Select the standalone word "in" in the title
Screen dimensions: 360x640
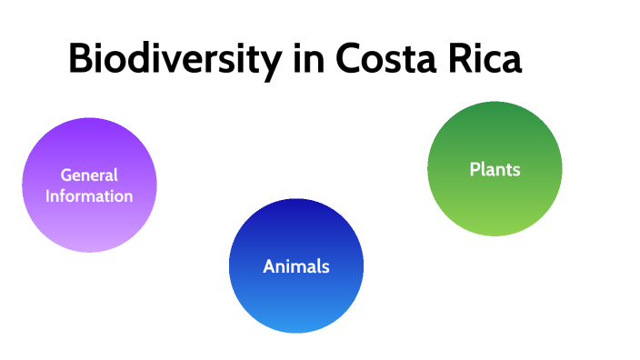click(304, 60)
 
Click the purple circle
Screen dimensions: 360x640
click(89, 218)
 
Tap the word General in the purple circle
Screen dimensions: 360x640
click(89, 175)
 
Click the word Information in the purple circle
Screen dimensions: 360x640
click(89, 195)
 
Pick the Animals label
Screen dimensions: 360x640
click(295, 266)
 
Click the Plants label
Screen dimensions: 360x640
click(495, 169)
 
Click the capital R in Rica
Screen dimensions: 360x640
click(460, 60)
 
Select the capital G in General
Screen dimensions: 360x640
click(65, 175)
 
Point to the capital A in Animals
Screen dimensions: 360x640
click(268, 266)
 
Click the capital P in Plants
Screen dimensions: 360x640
click(475, 169)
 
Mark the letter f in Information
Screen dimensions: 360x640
click(66, 195)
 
